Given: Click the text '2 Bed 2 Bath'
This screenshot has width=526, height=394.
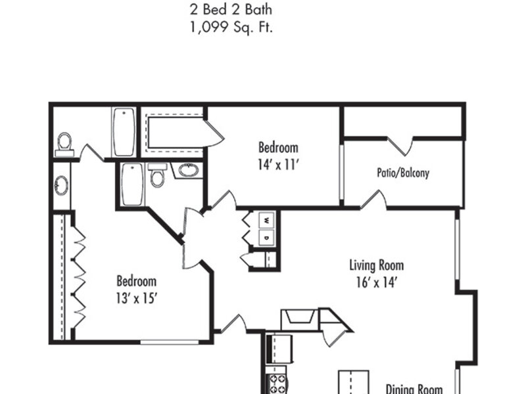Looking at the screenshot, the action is (x=231, y=9).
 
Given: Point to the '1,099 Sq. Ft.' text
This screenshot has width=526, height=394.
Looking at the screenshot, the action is (x=231, y=27).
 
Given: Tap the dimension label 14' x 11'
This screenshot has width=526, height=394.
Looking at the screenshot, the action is (x=278, y=165).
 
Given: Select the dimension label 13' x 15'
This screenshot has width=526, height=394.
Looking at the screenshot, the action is (x=137, y=297).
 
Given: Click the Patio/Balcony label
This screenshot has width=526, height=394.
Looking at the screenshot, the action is (x=403, y=173).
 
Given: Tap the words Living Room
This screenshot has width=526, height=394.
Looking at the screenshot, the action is (x=376, y=265).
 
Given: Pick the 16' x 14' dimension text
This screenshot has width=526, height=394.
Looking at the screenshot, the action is (x=377, y=282).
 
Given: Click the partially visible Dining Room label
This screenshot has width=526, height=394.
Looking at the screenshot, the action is (x=414, y=389).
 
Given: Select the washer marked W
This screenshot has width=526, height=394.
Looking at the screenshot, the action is (x=267, y=220).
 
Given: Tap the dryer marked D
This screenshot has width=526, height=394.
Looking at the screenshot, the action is (x=267, y=238).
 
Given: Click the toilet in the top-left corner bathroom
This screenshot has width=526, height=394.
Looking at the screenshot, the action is (x=64, y=144).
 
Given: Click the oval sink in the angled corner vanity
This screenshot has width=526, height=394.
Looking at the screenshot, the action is (x=189, y=170).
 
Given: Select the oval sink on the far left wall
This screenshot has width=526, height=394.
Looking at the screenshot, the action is (x=62, y=185).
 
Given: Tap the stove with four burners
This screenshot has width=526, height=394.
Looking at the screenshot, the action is (x=277, y=384).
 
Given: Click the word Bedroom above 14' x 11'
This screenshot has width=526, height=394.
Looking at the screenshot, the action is (x=278, y=147).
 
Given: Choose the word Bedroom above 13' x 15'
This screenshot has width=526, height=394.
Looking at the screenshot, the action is (x=137, y=281).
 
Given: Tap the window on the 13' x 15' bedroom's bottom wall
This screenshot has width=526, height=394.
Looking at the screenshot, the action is (x=170, y=342).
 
